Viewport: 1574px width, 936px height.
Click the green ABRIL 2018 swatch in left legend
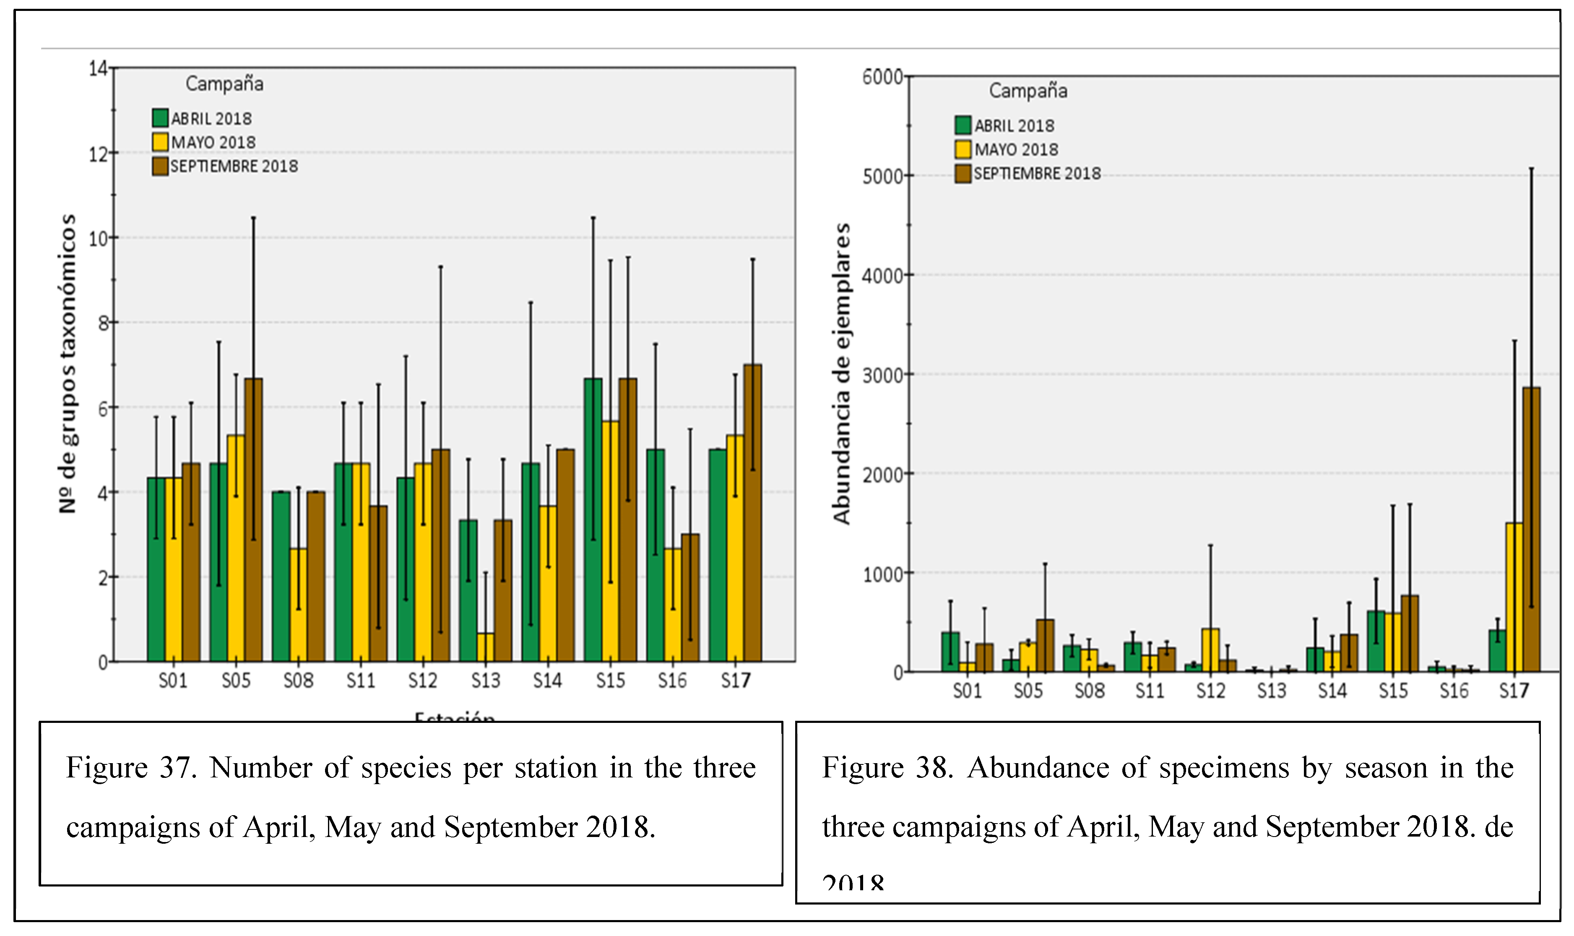coord(160,118)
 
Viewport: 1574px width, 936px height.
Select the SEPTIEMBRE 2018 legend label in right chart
coord(1037,173)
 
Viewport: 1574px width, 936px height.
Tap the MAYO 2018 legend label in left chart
coord(214,143)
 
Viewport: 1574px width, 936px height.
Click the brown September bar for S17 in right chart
coord(1531,530)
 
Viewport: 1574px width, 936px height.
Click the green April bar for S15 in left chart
coord(593,520)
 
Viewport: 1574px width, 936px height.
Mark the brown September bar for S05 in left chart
coord(253,520)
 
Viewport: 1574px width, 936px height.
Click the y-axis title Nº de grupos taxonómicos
coord(68,364)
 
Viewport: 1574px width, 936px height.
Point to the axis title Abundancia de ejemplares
coord(842,373)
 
